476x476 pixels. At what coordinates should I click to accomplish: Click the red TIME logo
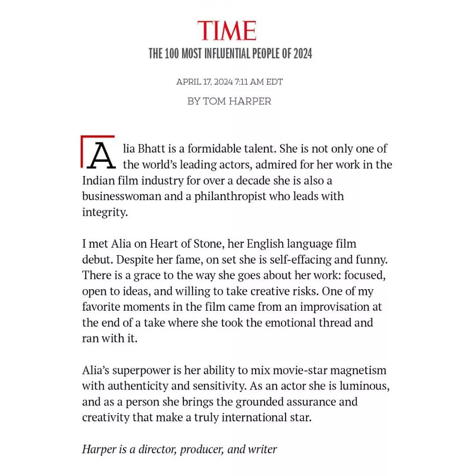(227, 31)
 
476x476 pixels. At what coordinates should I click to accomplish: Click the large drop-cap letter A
(101, 155)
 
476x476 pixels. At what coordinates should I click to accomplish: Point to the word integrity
(104, 212)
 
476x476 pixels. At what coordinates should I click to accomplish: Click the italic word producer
(201, 449)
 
